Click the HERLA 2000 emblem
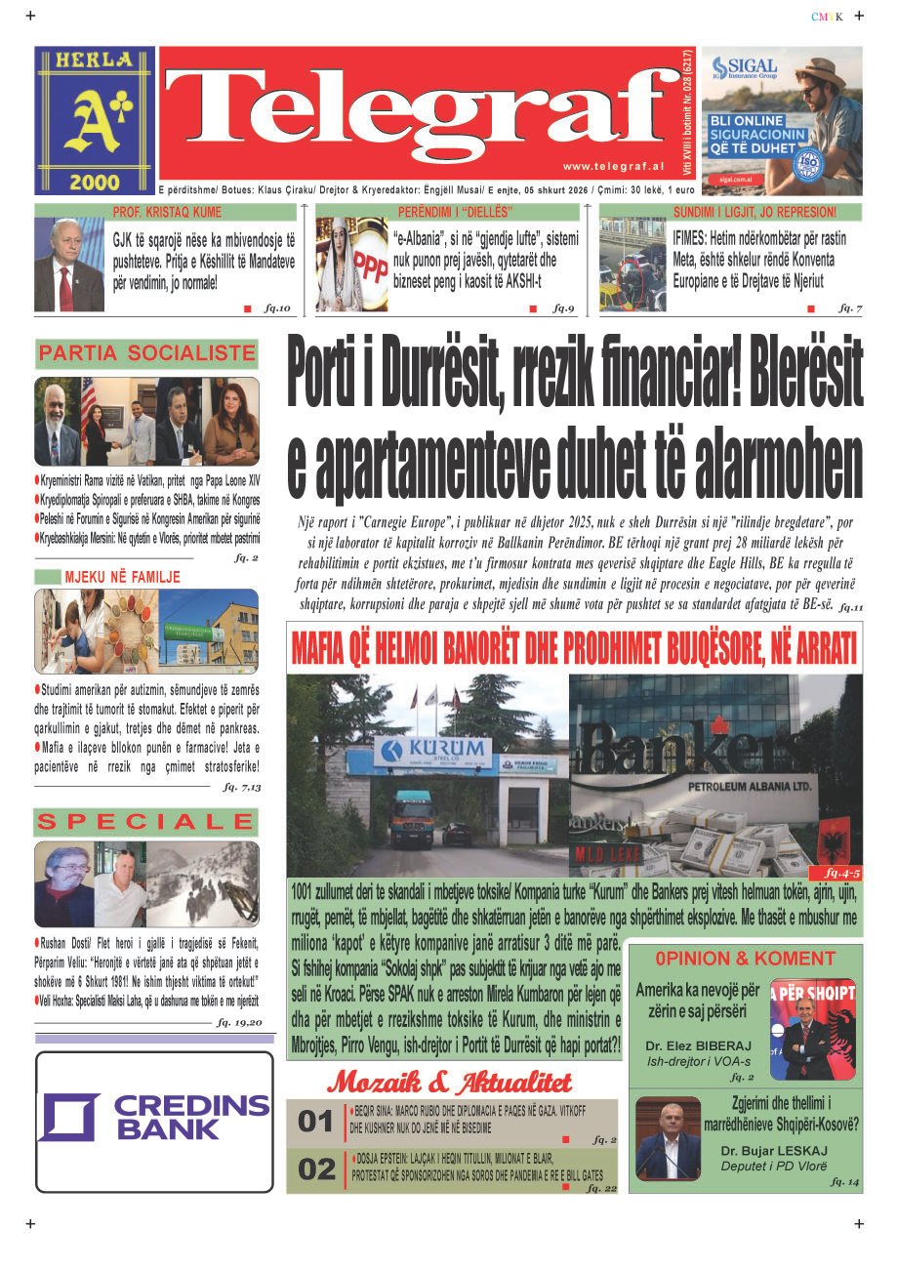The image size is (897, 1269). [x=95, y=120]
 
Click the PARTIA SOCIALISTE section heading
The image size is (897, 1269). [x=146, y=353]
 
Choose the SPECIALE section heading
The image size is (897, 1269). [x=146, y=822]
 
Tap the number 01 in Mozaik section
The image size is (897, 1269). [x=315, y=1122]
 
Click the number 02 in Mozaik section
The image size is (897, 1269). [x=315, y=1169]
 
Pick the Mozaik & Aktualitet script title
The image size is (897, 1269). [x=450, y=1082]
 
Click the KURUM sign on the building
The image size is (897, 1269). [x=432, y=749]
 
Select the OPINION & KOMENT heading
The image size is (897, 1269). [x=746, y=959]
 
